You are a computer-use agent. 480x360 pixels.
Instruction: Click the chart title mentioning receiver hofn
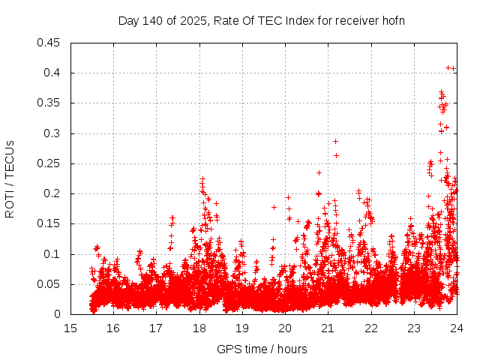pyautogui.click(x=262, y=20)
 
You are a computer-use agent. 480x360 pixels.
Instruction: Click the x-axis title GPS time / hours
pyautogui.click(x=262, y=349)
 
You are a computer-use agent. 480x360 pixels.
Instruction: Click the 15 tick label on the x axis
pyautogui.click(x=70, y=328)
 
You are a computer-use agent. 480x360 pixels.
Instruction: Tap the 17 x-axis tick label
pyautogui.click(x=156, y=328)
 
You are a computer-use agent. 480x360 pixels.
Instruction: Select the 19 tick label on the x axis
pyautogui.click(x=242, y=328)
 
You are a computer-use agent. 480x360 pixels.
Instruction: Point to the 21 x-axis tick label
pyautogui.click(x=328, y=328)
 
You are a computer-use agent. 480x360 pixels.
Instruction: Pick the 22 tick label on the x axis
pyautogui.click(x=370, y=328)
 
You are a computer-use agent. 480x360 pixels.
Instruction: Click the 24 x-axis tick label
pyautogui.click(x=456, y=328)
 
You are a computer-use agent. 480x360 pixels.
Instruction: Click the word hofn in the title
pyautogui.click(x=393, y=20)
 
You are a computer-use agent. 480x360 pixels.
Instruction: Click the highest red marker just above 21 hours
pyautogui.click(x=335, y=141)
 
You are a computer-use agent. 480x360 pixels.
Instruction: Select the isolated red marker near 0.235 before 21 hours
pyautogui.click(x=319, y=172)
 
